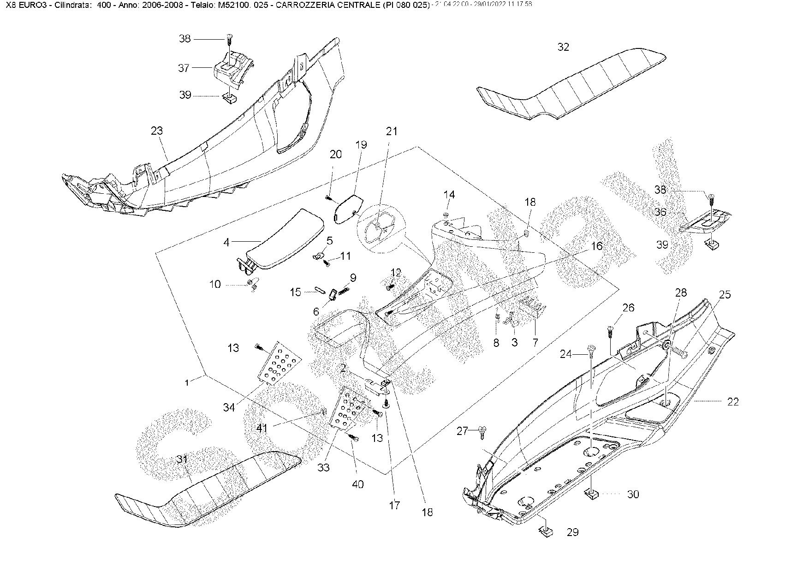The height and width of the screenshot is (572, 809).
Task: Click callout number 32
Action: pos(563,47)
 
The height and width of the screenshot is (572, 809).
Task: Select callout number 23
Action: pos(157,131)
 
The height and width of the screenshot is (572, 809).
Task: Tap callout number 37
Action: pos(184,68)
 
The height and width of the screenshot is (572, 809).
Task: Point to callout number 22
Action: pos(733,402)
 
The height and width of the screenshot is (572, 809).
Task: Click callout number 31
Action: pos(182,460)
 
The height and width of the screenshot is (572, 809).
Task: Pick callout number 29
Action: pos(572,532)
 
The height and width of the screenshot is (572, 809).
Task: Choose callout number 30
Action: pos(633,495)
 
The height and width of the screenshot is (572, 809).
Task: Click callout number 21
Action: pos(391,131)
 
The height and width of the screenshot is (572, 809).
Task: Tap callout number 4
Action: pos(226,242)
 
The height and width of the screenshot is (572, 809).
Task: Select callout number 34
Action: pos(229,407)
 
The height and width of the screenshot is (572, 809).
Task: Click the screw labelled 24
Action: pos(591,352)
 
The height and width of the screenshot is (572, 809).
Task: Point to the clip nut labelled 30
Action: pos(592,495)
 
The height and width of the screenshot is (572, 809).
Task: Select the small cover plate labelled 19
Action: pos(349,208)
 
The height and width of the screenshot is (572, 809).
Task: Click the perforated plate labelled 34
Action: pos(281,362)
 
